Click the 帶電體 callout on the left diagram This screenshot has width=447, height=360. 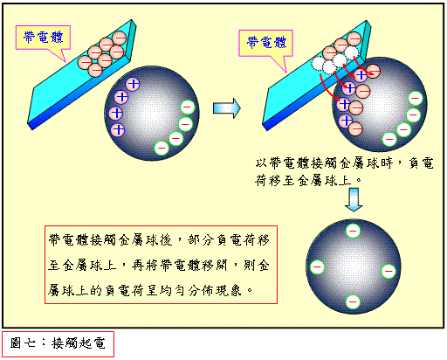coord(43,38)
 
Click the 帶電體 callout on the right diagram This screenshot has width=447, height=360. coord(266,43)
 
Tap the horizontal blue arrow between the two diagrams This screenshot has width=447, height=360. coord(227,108)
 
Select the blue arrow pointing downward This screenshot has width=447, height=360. coord(354,199)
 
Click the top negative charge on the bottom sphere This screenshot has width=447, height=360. coord(353,231)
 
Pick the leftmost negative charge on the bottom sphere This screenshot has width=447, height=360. coord(317,267)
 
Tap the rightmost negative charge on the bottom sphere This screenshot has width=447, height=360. coord(389,271)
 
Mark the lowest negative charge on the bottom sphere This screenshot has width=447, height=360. coord(353,301)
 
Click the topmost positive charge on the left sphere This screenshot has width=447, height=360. coord(133,84)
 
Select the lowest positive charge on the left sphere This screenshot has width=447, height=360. coord(118,129)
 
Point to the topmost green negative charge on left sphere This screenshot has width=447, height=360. coord(188,107)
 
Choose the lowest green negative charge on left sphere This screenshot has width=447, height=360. coord(162,148)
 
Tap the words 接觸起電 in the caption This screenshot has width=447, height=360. coord(79,343)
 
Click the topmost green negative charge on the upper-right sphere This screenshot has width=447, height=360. coord(416,98)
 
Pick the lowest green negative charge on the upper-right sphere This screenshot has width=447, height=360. coord(389,139)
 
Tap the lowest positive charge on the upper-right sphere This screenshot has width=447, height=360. coord(346,120)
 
